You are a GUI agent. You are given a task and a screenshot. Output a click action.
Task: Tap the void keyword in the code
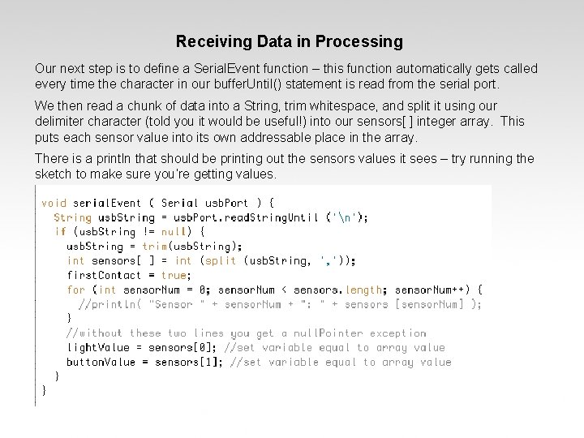click(54, 202)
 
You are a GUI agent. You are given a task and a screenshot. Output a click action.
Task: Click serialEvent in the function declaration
click(107, 202)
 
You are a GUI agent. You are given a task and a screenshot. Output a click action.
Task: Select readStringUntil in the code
click(275, 217)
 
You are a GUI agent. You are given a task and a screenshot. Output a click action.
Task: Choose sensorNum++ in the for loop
click(445, 290)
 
